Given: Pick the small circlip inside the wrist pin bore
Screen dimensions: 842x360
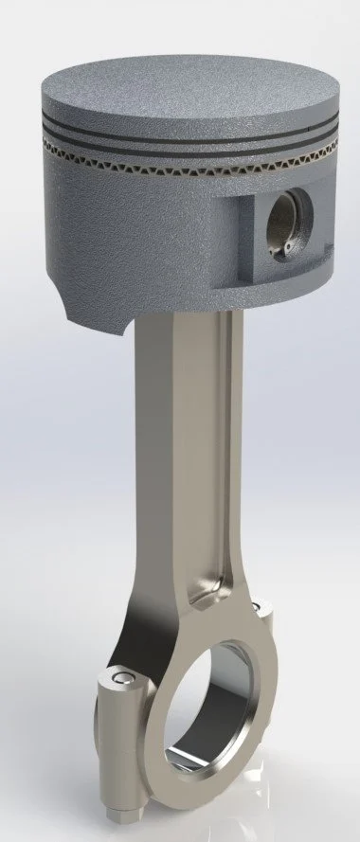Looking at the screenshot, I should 284,249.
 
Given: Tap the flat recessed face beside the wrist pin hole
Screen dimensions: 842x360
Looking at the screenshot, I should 248,237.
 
